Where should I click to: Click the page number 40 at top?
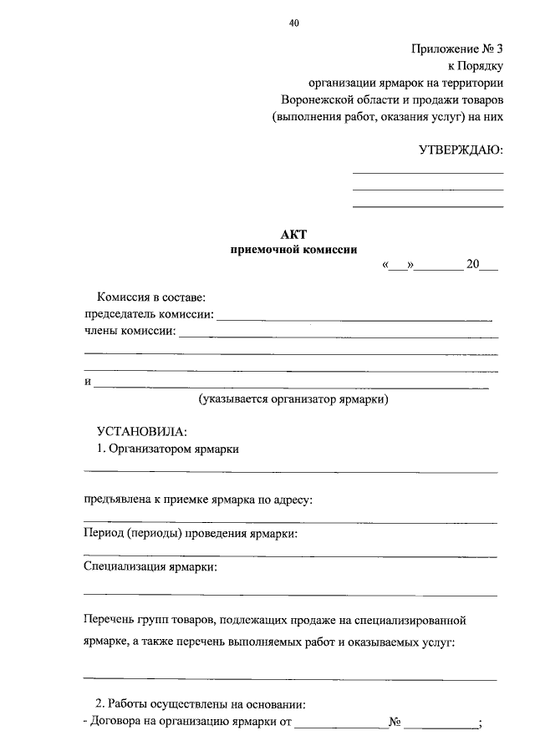293,23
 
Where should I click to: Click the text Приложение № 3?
457,49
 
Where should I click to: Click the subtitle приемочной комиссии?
293,249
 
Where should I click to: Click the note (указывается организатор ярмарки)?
293,399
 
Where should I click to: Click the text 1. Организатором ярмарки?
168,449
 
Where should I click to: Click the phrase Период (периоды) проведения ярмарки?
191,534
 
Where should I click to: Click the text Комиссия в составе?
151,297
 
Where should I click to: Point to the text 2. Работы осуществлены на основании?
201,704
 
